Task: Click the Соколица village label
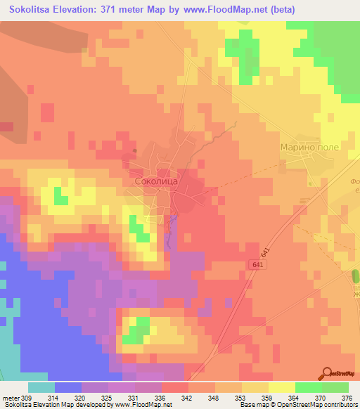[x=158, y=181]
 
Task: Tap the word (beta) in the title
[x=280, y=9]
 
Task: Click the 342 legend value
[x=189, y=397]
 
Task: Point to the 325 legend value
[x=108, y=397]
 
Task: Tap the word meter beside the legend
[x=11, y=397]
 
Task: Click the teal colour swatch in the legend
[x=41, y=387]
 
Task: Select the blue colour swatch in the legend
[x=68, y=387]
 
